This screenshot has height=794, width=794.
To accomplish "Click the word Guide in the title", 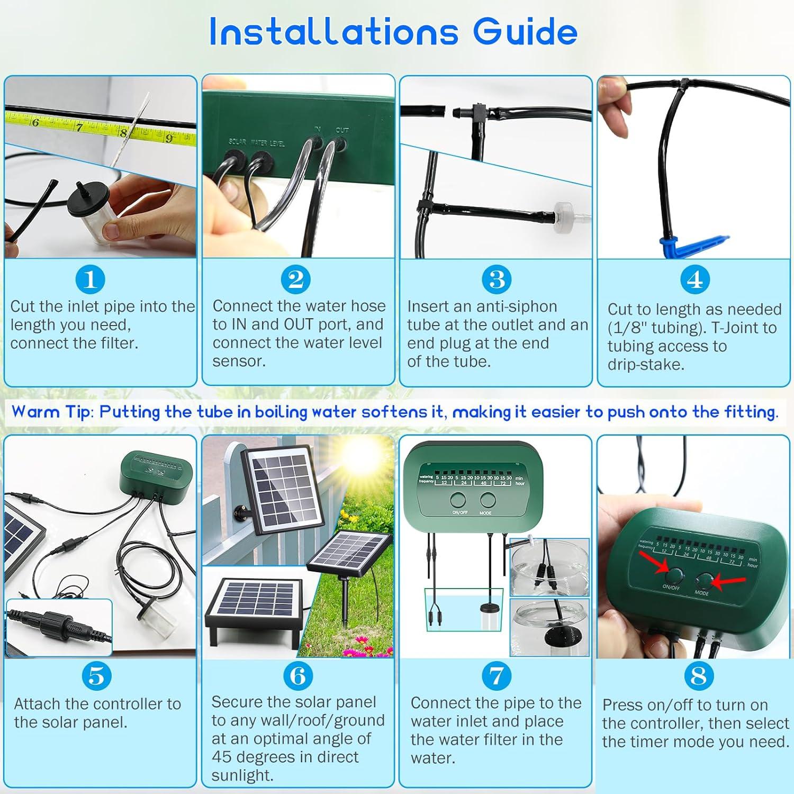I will (x=525, y=31).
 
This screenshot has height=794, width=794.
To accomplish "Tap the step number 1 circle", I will (x=90, y=279).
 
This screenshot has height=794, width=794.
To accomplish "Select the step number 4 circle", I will (x=694, y=279).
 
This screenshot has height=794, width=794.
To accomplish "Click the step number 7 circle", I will (x=497, y=676).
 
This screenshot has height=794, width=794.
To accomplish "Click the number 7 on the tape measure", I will (x=79, y=128).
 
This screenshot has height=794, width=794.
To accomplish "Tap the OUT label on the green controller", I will (x=342, y=130).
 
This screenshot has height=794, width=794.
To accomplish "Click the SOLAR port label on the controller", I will (x=238, y=141).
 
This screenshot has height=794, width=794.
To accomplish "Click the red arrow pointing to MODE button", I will (x=724, y=581).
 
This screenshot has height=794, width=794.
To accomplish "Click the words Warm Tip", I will (x=51, y=412).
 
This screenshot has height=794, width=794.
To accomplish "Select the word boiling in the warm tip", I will (x=282, y=412).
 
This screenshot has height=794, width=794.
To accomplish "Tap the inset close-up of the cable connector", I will (x=59, y=628).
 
